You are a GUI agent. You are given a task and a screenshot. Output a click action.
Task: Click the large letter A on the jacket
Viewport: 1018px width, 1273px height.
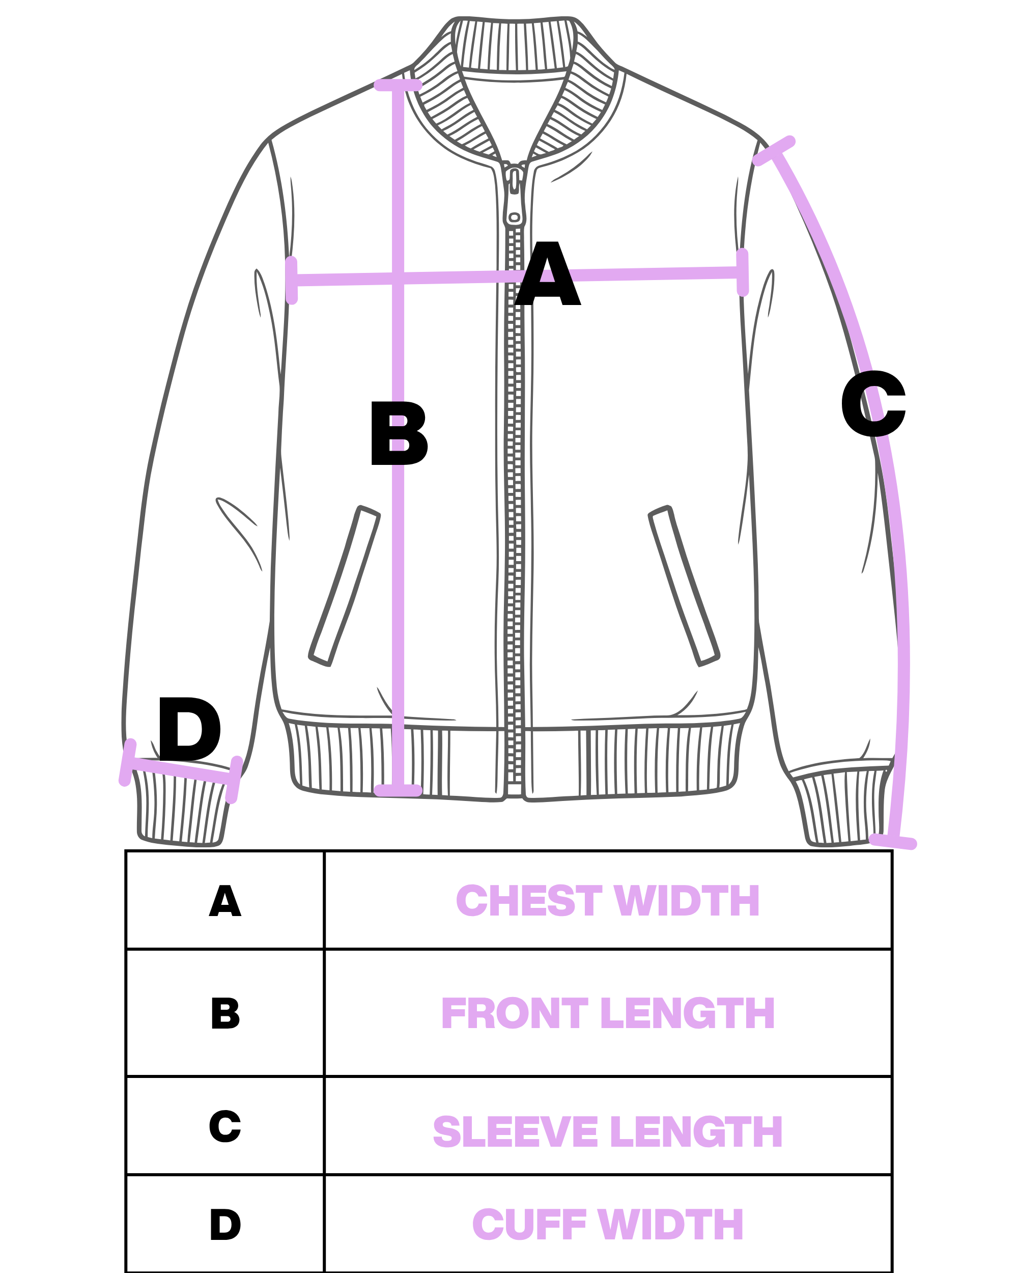[x=548, y=273]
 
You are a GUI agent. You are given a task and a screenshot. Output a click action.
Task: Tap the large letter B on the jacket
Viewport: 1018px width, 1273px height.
[x=400, y=433]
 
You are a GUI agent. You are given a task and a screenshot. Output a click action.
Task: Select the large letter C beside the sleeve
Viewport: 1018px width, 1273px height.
[x=873, y=404]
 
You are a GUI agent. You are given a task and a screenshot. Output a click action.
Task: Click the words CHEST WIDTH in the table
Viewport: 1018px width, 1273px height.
[x=608, y=902]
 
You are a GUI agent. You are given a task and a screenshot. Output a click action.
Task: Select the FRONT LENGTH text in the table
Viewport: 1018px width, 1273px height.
[x=608, y=1014]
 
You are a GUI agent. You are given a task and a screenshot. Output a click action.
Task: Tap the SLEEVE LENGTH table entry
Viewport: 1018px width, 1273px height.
[x=608, y=1132]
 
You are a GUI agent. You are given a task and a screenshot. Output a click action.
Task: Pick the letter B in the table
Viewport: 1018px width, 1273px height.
[x=225, y=1014]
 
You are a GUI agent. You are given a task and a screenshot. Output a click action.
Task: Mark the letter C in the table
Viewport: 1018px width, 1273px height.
[x=225, y=1126]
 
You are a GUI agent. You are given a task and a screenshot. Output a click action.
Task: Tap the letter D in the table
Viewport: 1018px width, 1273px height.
[x=225, y=1225]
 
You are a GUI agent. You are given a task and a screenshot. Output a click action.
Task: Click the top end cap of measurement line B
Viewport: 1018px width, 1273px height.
[x=399, y=85]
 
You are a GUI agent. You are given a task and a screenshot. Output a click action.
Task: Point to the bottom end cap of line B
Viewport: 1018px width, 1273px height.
[x=399, y=791]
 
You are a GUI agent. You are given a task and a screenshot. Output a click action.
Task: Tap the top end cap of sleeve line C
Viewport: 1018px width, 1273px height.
[x=774, y=151]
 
